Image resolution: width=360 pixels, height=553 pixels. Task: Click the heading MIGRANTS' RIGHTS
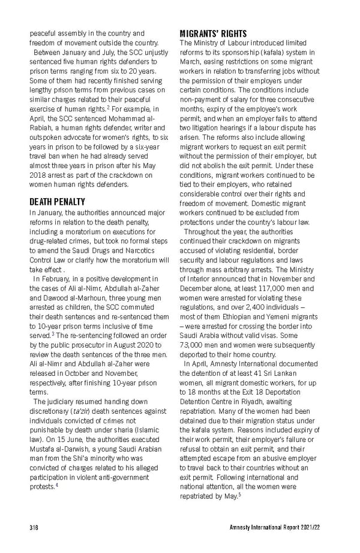point(213,34)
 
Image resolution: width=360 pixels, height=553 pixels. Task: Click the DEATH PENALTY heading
point(58,202)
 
